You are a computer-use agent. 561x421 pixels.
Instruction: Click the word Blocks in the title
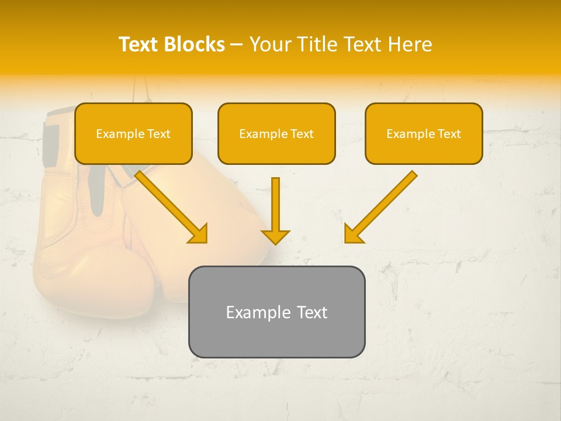coord(195,44)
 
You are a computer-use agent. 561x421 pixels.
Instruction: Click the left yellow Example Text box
coord(133,133)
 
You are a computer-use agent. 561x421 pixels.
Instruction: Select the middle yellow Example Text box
coord(276,133)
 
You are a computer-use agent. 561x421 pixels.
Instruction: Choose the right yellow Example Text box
coord(424,133)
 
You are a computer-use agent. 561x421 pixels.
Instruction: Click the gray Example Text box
coord(276,312)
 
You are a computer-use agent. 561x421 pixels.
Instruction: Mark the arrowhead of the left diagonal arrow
coord(199,234)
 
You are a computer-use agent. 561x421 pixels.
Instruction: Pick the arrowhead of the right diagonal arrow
coord(353,234)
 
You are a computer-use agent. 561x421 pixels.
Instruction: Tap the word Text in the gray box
coord(312,312)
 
